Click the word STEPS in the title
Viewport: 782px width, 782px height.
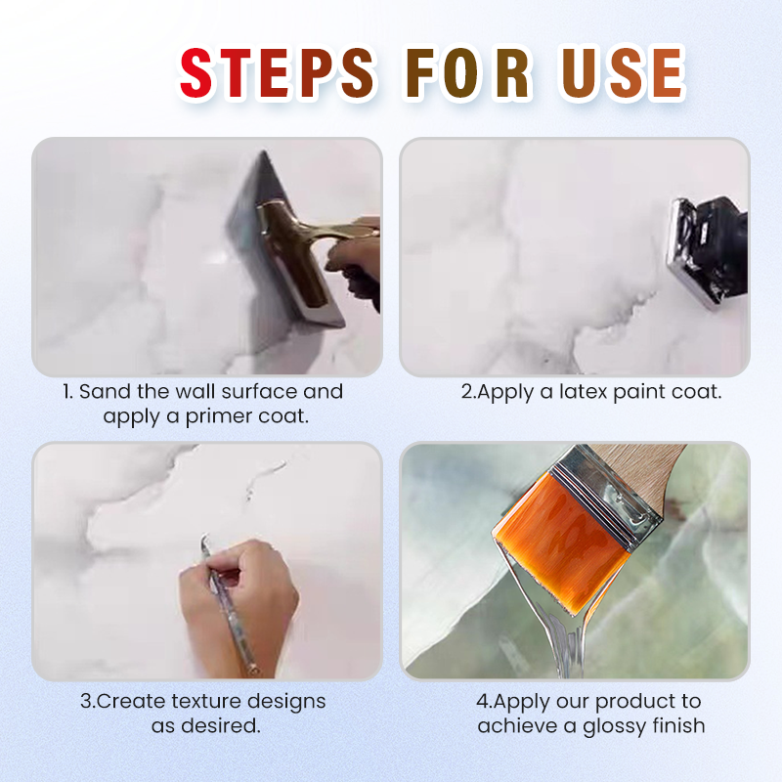pos(277,72)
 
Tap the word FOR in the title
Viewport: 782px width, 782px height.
pos(468,72)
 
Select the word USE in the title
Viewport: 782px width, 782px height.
pos(622,72)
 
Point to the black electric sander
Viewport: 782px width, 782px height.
pos(708,253)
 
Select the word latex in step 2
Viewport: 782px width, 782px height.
pos(583,392)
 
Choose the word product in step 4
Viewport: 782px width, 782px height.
pos(632,702)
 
